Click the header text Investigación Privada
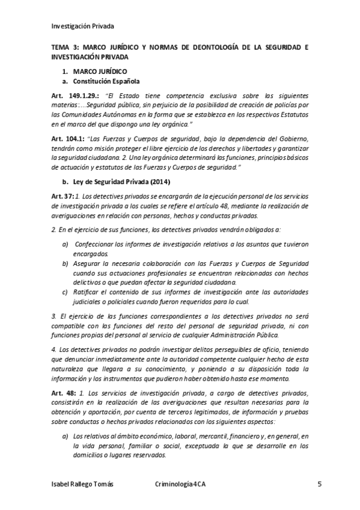[x=82, y=26]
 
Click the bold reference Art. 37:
[x=63, y=197]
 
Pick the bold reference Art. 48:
[x=63, y=393]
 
